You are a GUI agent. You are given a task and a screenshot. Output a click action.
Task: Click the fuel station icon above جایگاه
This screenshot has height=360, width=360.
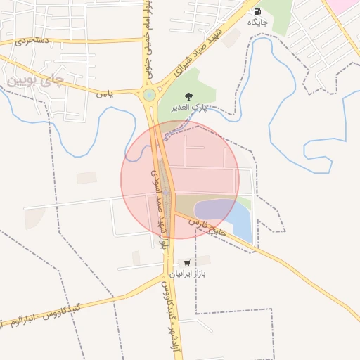click(x=257, y=11)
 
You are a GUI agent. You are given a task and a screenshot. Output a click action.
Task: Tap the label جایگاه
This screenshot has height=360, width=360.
click(x=257, y=22)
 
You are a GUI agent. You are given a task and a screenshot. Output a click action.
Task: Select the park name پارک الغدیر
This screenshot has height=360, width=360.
click(x=187, y=107)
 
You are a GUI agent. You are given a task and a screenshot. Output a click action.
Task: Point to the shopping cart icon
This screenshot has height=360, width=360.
click(x=186, y=262)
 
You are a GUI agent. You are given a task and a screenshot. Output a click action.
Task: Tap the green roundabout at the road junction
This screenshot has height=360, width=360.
click(x=149, y=95)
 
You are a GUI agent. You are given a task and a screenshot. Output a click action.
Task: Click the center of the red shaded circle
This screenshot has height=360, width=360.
click(x=180, y=179)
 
